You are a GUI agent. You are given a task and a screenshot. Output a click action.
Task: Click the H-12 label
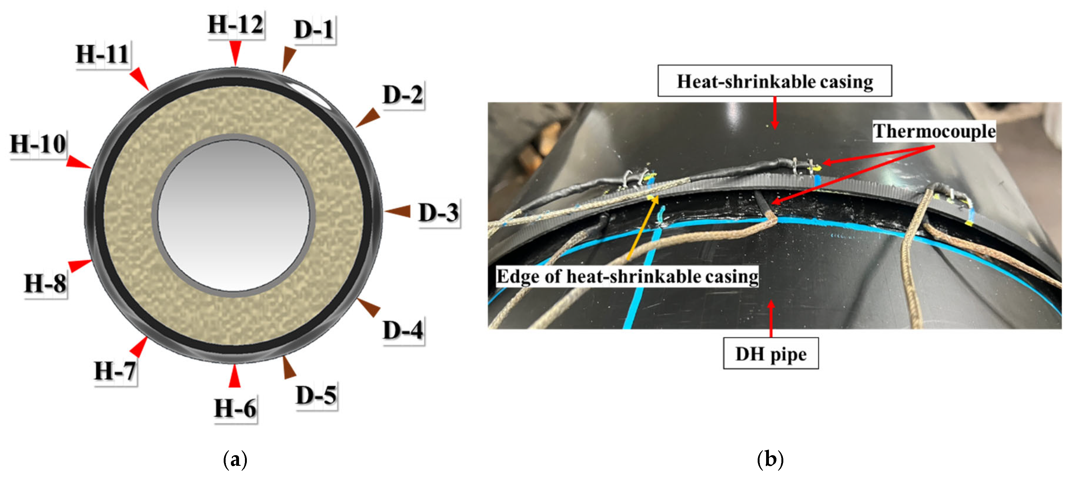[236, 25]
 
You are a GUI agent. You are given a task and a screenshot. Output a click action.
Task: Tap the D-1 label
[314, 30]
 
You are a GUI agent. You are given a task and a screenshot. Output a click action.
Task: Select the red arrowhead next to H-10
[78, 162]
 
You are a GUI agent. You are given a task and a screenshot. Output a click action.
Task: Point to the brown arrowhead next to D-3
[398, 211]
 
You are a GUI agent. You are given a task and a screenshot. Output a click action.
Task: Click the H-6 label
[236, 409]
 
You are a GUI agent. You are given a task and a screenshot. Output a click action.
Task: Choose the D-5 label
[316, 395]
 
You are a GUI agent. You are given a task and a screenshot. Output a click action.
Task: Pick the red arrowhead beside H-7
[139, 346]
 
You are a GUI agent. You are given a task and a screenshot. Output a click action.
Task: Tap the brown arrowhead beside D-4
[369, 307]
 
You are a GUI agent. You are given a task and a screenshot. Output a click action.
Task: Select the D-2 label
[403, 95]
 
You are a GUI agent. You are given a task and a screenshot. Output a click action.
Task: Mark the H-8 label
[45, 284]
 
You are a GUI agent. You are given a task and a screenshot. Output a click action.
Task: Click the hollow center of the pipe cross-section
[233, 215]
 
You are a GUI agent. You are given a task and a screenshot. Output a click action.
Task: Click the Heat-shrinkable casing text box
[775, 81]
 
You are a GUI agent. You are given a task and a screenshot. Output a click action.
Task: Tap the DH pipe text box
[771, 354]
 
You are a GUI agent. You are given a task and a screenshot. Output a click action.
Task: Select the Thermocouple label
[934, 132]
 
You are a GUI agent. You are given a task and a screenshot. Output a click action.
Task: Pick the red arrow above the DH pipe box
[771, 318]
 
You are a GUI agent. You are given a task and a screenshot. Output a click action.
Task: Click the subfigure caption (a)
[235, 460]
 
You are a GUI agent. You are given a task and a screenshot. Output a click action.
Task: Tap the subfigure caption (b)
[770, 460]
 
